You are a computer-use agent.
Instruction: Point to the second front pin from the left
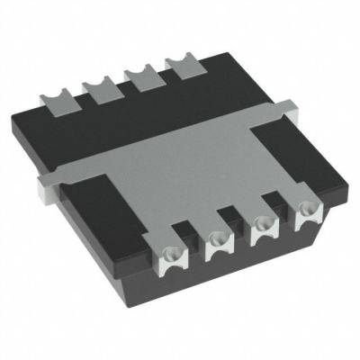point(219,241)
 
